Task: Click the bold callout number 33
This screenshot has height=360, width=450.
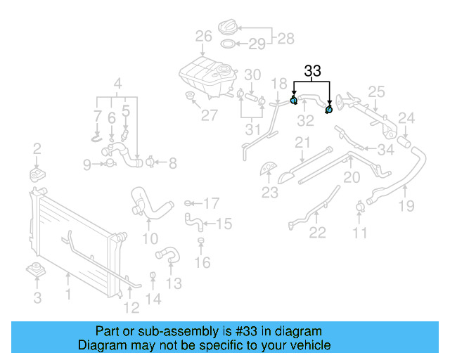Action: pyautogui.click(x=312, y=71)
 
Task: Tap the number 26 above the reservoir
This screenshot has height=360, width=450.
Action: pyautogui.click(x=203, y=37)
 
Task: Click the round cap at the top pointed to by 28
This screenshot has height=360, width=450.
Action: pyautogui.click(x=229, y=28)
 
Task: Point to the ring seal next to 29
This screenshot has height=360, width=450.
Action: pyautogui.click(x=229, y=45)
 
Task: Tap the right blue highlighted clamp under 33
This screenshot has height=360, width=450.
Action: pyautogui.click(x=329, y=109)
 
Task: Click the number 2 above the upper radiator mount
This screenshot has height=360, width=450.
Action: pyautogui.click(x=37, y=149)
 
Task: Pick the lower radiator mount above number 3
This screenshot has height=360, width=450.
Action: pyautogui.click(x=35, y=270)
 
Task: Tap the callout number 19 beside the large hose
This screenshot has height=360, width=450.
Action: pyautogui.click(x=406, y=206)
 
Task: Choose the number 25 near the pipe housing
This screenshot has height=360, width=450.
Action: pyautogui.click(x=376, y=91)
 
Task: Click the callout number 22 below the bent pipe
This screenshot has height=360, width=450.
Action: pyautogui.click(x=318, y=233)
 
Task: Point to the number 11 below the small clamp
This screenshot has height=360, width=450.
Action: pyautogui.click(x=360, y=233)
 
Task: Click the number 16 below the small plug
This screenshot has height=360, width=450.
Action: pyautogui.click(x=202, y=263)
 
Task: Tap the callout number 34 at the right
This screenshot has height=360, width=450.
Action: pyautogui.click(x=385, y=149)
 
